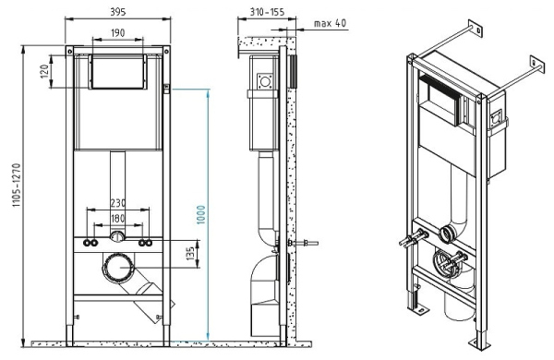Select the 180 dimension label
pos(117,220)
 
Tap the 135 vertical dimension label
pos(190,252)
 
